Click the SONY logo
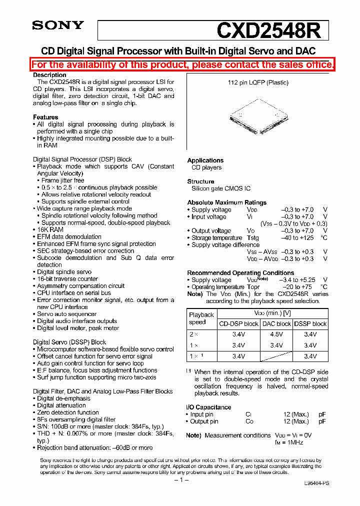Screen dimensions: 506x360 tap(58, 25)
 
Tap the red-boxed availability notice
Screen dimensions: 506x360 tap(182, 64)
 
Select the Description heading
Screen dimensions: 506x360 tap(49, 75)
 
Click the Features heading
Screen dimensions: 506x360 tap(45, 117)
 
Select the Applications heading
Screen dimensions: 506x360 tap(205, 160)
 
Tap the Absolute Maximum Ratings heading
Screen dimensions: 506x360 tap(226, 202)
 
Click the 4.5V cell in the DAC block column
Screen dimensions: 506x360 tap(276, 334)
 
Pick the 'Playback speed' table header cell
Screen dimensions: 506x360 tap(201, 318)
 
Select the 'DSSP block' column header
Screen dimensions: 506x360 tap(310, 323)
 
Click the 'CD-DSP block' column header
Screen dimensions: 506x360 tap(238, 323)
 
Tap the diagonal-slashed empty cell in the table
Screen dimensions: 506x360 tap(276, 356)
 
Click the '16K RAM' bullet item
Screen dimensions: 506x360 tap(50, 229)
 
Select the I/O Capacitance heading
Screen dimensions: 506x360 tap(208, 407)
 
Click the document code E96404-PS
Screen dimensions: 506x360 tap(316, 483)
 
